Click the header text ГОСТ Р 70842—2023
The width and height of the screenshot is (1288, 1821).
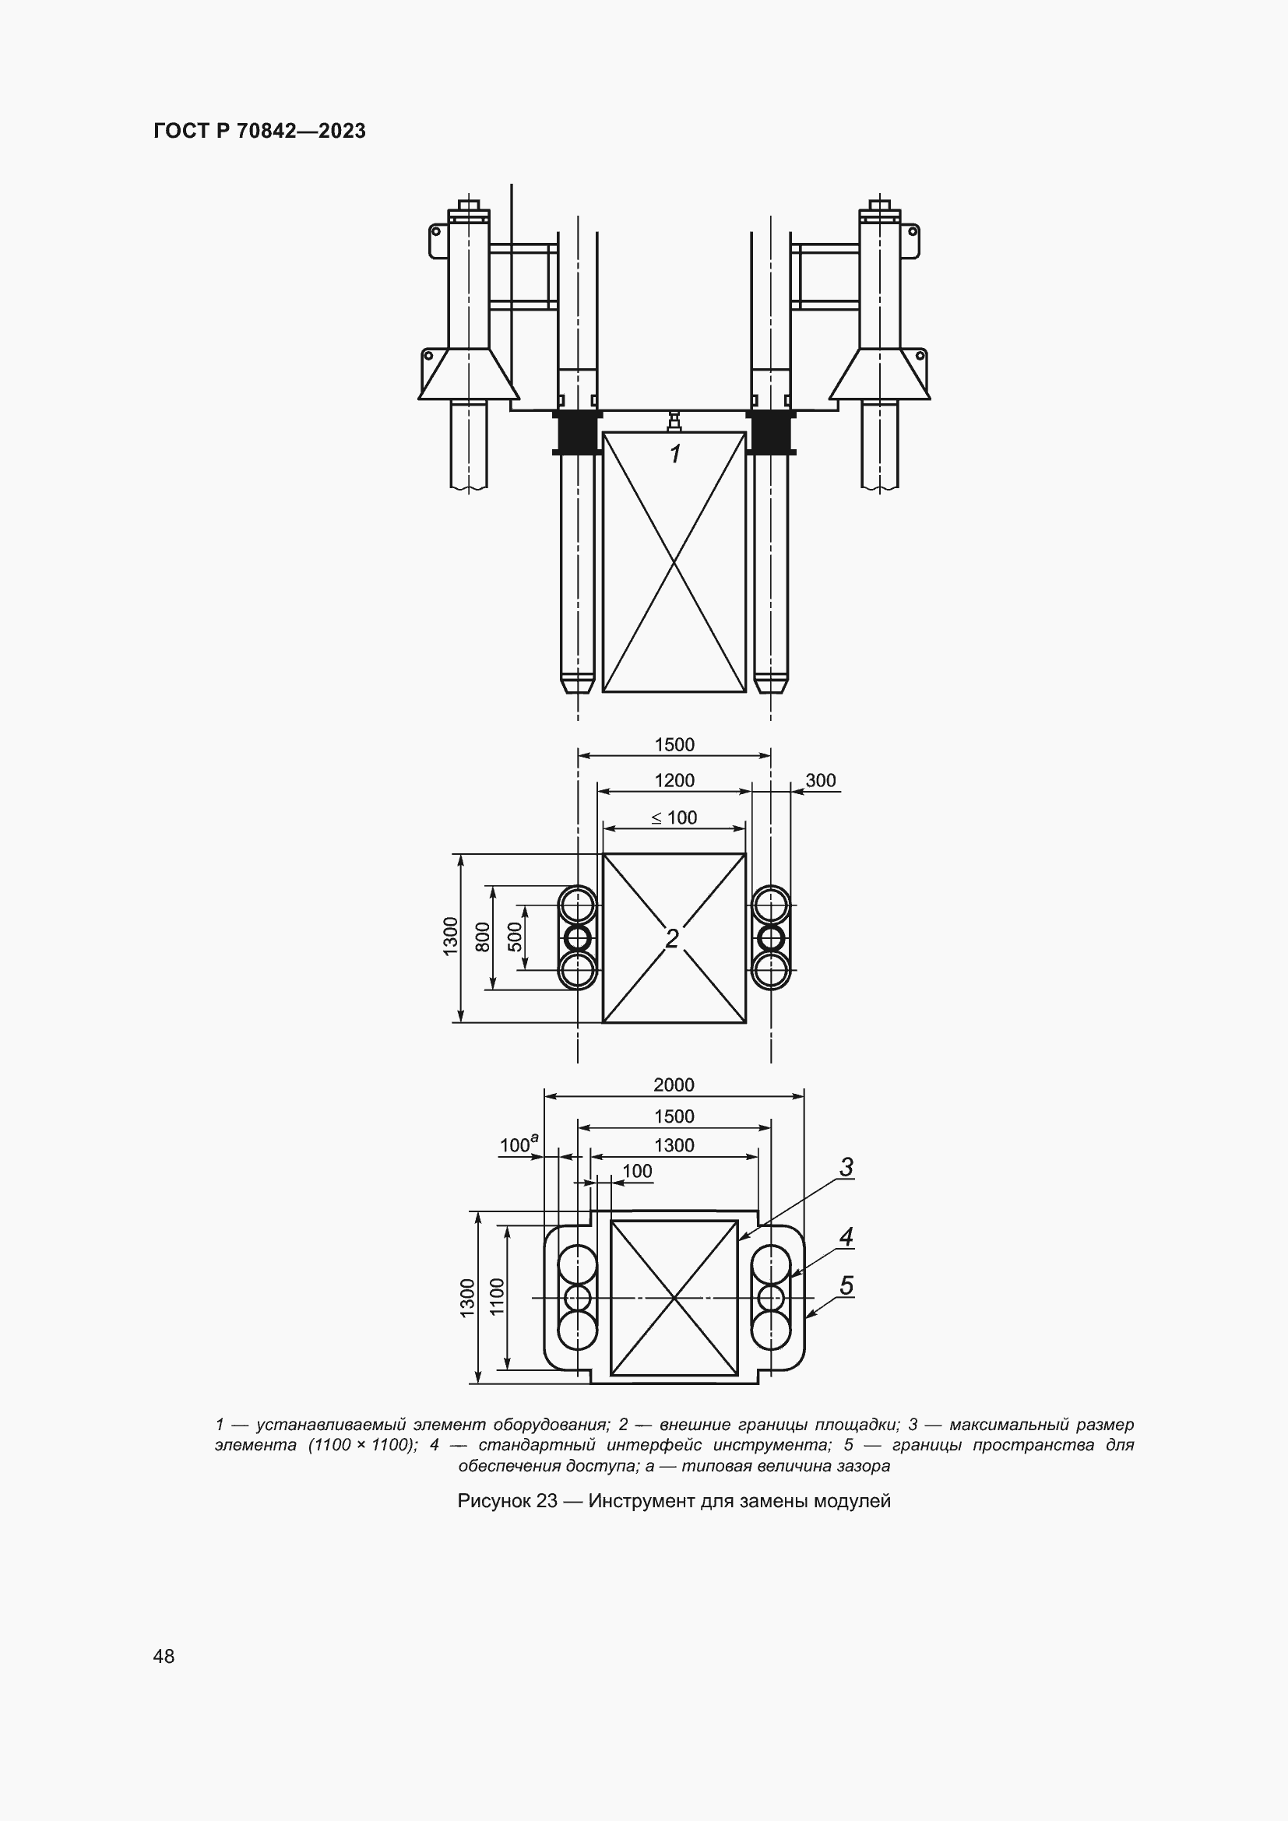[x=259, y=131]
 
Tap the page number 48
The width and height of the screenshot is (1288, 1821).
[x=164, y=1656]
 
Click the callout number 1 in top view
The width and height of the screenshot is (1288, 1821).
[x=675, y=455]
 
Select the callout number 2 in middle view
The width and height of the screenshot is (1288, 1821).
[x=673, y=939]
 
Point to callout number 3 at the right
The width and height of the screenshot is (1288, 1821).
[x=846, y=1167]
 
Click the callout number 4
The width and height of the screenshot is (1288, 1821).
[x=846, y=1236]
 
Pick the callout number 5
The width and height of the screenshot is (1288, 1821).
[x=846, y=1285]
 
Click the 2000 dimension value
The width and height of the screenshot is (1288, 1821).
[x=674, y=1085]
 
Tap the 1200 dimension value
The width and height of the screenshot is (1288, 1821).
[x=674, y=780]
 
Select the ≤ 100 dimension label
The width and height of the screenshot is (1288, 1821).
[x=674, y=817]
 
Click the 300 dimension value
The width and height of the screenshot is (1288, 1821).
[x=821, y=780]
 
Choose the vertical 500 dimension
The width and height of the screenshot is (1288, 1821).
[x=515, y=937]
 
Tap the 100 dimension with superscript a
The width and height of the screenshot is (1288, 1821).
[x=518, y=1144]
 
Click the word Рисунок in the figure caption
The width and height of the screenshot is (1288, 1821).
[x=495, y=1499]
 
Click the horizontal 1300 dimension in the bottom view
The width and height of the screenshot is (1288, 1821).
[x=674, y=1144]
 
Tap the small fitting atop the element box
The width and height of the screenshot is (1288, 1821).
[x=674, y=421]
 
